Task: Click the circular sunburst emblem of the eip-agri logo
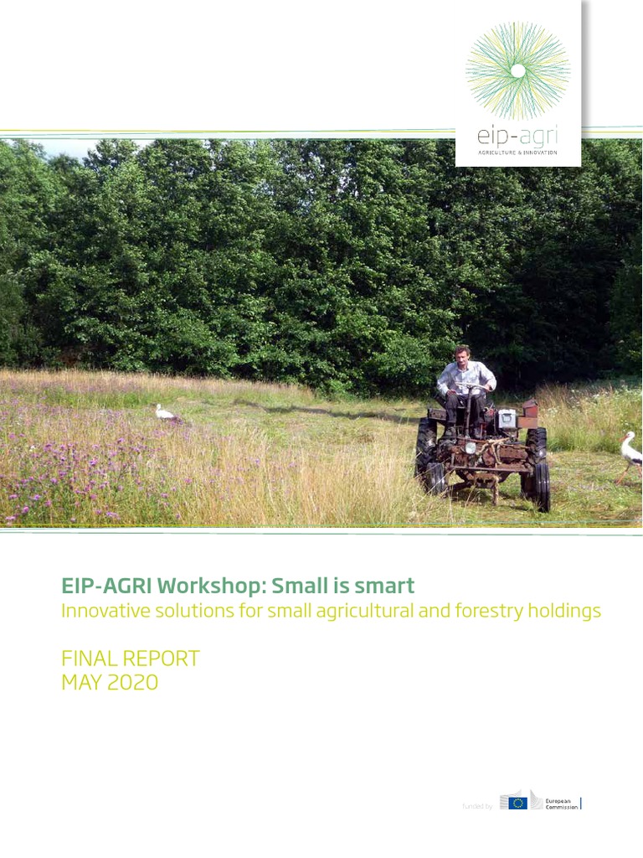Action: point(518,70)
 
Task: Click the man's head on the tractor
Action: point(462,354)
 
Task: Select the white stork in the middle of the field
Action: point(166,412)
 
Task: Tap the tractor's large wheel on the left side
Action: point(427,457)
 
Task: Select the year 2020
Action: point(133,683)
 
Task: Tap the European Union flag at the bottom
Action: point(518,803)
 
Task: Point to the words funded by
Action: point(477,806)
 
